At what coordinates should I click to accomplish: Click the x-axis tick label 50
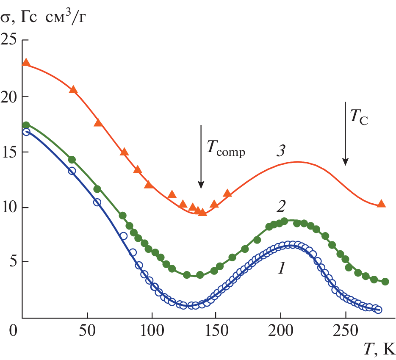pyautogui.click(x=87, y=330)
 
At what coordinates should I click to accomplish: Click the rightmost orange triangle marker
pyautogui.click(x=381, y=204)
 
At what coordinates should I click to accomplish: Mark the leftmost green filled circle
pyautogui.click(x=26, y=125)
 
